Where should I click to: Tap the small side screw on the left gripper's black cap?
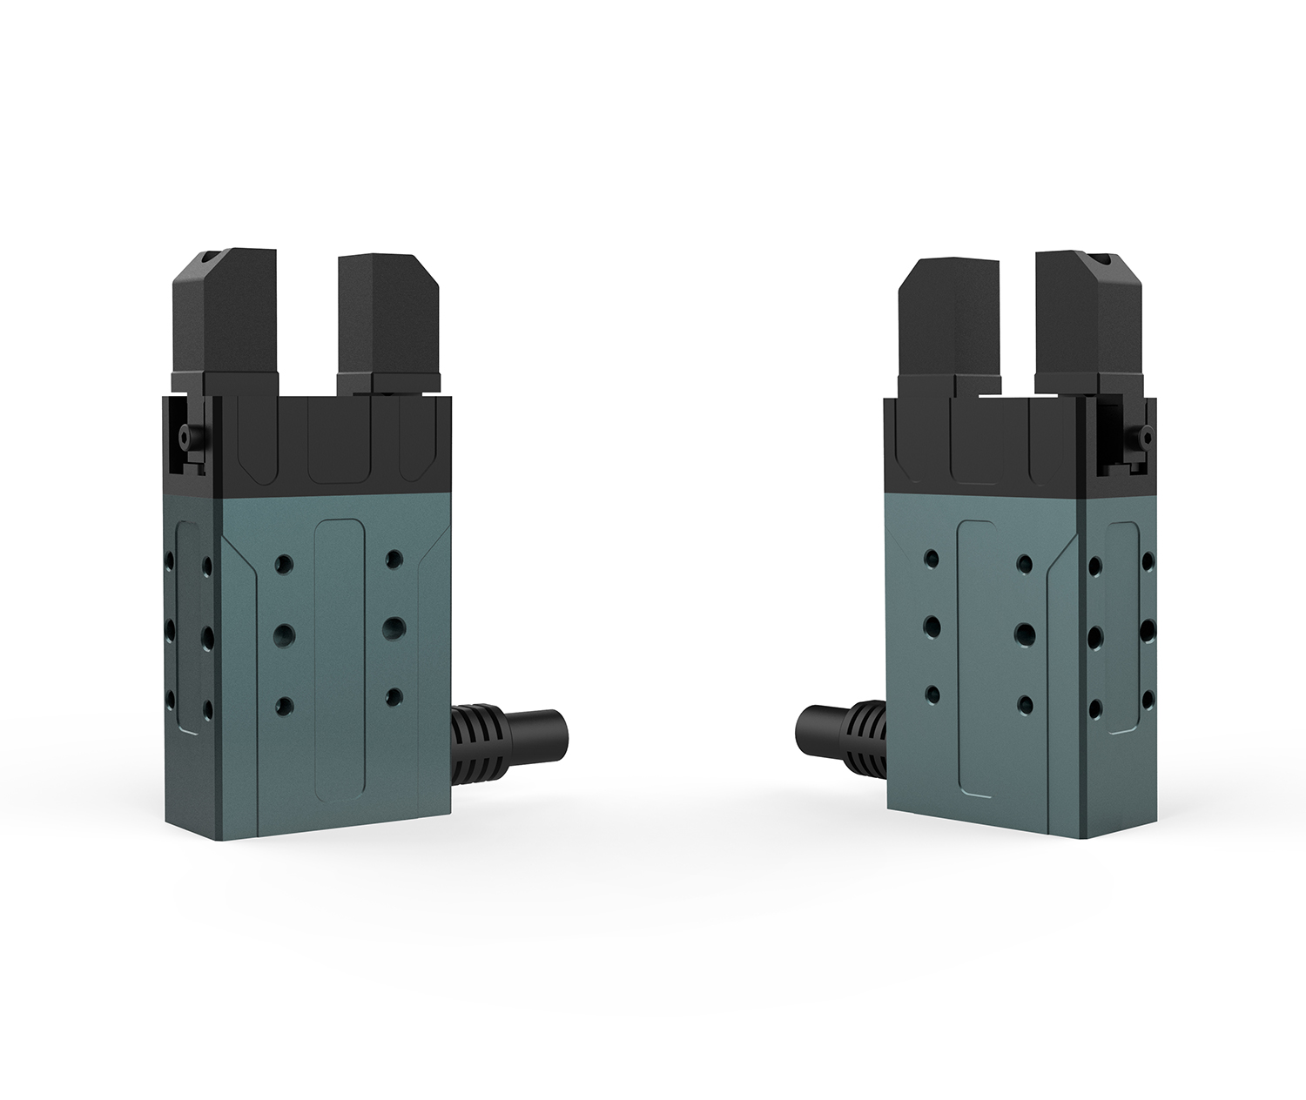point(185,435)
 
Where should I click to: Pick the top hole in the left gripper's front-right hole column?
point(394,557)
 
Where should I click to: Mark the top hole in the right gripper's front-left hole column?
point(932,556)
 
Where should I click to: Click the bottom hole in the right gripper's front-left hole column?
point(932,694)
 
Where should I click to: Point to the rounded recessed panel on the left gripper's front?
point(338,661)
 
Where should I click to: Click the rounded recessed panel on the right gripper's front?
point(979,661)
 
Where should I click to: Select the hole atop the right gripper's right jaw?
point(1102,259)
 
